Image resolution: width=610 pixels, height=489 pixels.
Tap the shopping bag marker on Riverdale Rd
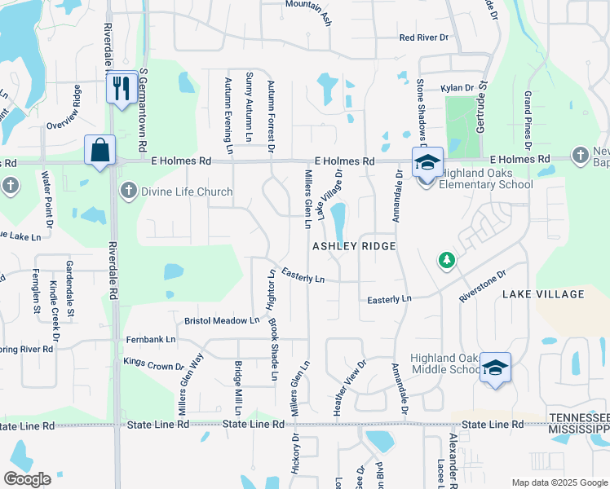pos(100,151)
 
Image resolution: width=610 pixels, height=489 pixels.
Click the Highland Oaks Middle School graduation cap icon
pos(494,368)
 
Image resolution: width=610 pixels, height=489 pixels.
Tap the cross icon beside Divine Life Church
pos(128,192)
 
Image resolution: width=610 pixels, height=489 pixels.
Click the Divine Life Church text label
pos(187,192)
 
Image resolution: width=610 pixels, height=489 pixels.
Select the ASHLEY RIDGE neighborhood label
pos(356,245)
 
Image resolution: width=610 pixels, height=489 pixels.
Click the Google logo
pos(28,478)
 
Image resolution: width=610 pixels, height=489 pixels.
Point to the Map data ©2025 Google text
pos(558,482)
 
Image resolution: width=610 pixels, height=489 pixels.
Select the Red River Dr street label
pos(424,37)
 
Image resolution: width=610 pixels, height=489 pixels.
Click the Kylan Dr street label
pos(457,88)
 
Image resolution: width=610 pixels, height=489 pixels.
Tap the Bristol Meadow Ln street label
pos(221,321)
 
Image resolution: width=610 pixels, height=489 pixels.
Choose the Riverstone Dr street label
pos(482,287)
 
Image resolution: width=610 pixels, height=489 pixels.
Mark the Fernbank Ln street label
pos(150,339)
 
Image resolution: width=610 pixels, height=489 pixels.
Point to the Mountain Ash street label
pos(308,5)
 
